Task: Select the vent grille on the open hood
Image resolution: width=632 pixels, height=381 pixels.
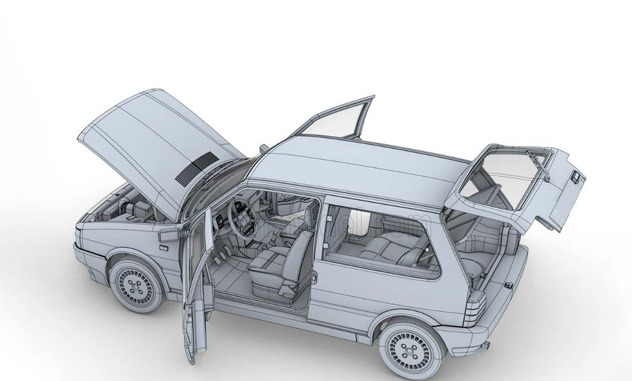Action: (197, 169)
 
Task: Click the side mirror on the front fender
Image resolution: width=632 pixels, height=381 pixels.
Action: (169, 235)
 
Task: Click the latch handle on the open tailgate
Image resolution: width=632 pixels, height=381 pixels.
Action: (575, 177)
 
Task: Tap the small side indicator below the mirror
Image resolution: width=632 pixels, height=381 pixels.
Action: (163, 248)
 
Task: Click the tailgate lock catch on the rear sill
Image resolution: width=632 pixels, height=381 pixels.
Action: (508, 285)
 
